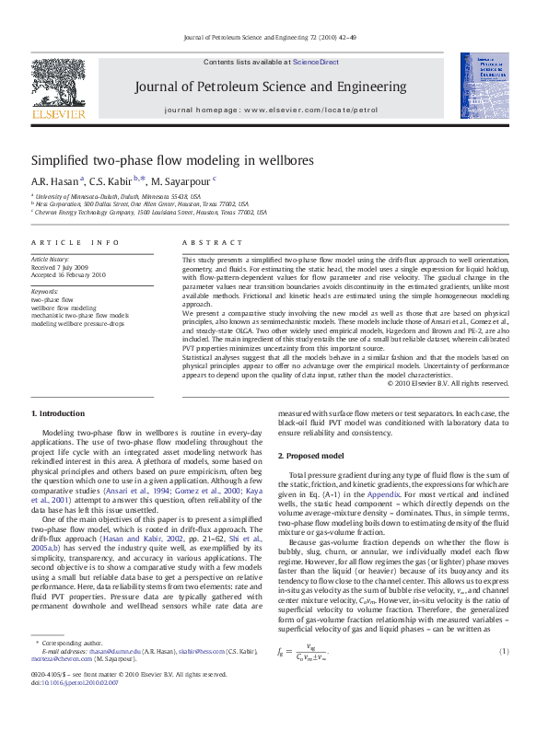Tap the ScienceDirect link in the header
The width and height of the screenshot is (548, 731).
[316, 63]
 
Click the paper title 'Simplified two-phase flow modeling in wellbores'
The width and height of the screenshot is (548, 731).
[172, 160]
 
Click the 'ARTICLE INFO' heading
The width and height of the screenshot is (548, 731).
[75, 242]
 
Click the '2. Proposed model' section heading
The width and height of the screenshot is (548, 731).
[312, 456]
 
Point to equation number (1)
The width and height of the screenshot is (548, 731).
[504, 626]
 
